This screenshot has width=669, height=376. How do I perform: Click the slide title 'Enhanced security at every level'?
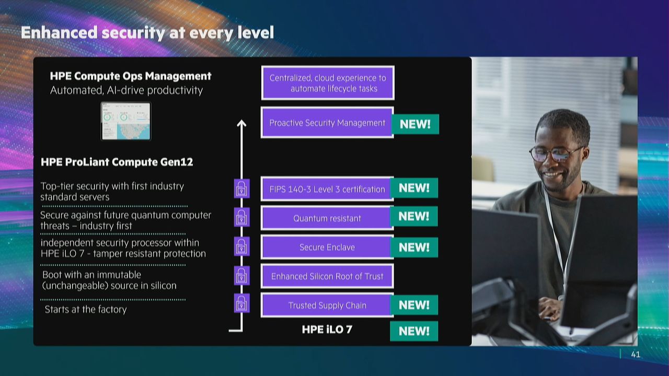[147, 32]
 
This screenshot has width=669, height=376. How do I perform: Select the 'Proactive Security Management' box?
[327, 123]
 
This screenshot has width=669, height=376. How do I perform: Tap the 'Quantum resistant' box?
[327, 218]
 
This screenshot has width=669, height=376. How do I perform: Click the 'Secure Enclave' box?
[327, 247]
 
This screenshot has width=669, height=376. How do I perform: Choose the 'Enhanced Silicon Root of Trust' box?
[327, 276]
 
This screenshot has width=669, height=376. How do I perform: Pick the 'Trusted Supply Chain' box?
[327, 305]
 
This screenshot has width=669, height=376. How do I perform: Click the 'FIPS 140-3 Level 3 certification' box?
[327, 189]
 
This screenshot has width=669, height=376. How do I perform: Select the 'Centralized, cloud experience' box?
[328, 83]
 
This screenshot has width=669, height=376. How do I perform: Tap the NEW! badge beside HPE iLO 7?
[414, 331]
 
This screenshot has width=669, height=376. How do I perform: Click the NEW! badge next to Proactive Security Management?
[415, 124]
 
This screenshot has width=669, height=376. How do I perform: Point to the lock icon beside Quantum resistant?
[241, 217]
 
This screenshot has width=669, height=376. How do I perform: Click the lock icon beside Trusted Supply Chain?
[241, 303]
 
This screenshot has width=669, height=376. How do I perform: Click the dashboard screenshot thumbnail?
[126, 121]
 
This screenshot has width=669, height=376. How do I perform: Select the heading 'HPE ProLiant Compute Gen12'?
[117, 162]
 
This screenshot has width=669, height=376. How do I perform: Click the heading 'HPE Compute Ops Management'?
[131, 76]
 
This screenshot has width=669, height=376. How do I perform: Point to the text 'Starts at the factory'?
[86, 309]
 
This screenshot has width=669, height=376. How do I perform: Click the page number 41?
[636, 355]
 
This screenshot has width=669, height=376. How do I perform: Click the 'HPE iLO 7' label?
[327, 330]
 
